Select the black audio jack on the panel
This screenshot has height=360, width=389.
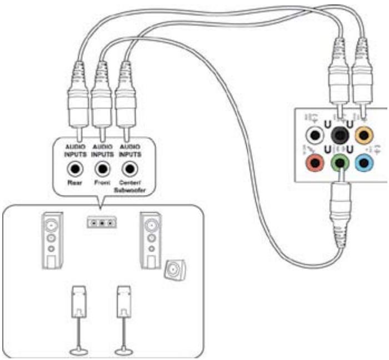tap(338, 135)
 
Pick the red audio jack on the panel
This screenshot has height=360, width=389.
tap(316, 163)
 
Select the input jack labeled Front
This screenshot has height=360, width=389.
tap(102, 168)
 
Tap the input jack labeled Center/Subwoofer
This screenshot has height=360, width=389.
tap(129, 168)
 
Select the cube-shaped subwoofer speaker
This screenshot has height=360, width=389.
tap(173, 270)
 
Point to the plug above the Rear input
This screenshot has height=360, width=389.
tap(76, 106)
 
